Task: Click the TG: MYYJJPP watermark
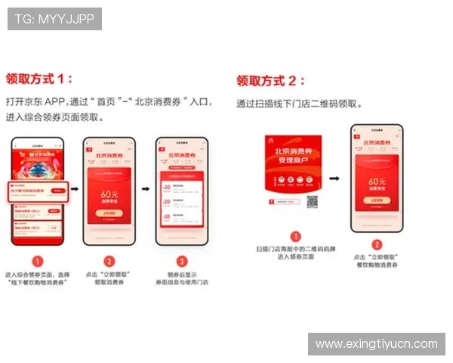coord(54,19)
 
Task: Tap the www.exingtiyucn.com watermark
coord(376,344)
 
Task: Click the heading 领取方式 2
coord(271,80)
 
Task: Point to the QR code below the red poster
coord(312,202)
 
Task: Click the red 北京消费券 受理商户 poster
coord(296,163)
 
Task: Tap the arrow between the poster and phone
coord(334,179)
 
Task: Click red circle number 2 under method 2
coord(376,244)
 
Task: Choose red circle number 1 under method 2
coord(295,236)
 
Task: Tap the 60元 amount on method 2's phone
coord(376,182)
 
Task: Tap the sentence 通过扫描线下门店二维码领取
coord(299,104)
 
